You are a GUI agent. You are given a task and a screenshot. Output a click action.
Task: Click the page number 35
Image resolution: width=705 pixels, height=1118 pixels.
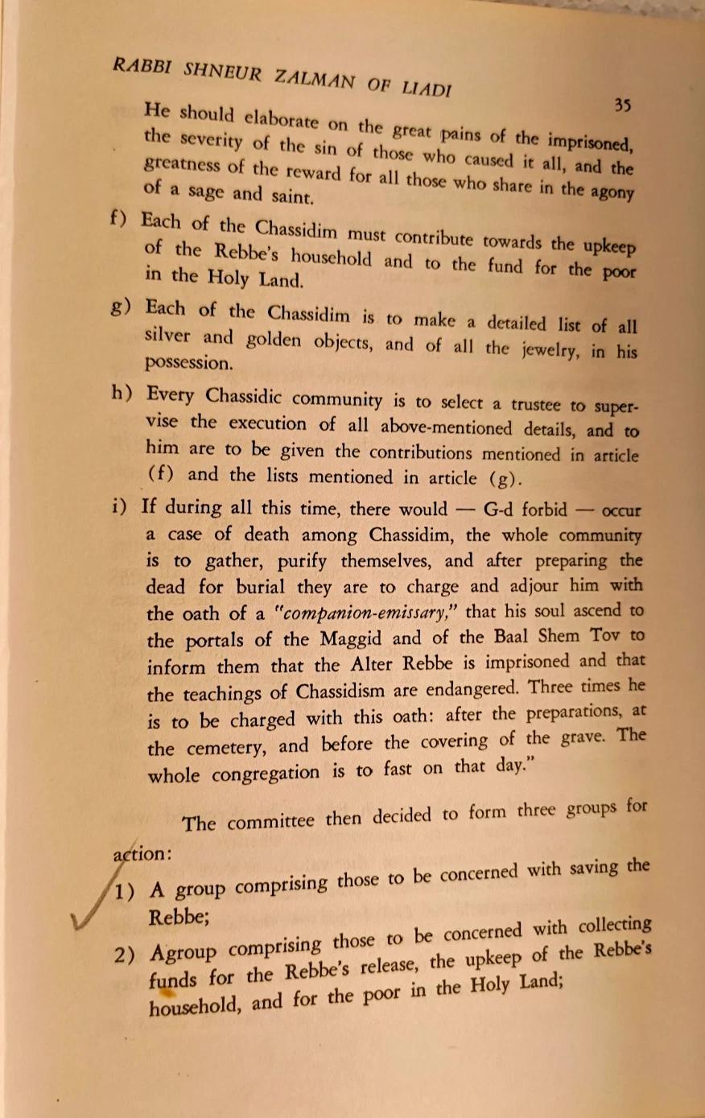coord(620,105)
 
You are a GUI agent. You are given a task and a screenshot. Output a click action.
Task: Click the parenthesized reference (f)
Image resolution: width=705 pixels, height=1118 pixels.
coord(161,474)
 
